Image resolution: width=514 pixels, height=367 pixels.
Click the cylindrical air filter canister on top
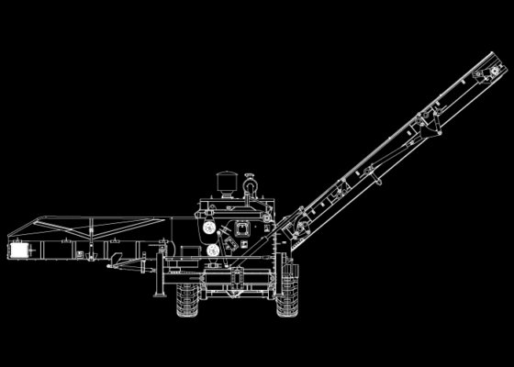[224, 181]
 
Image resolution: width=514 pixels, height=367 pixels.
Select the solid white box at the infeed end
[19, 250]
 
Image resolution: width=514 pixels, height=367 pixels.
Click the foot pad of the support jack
[162, 295]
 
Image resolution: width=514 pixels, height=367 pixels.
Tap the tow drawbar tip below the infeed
[111, 267]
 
